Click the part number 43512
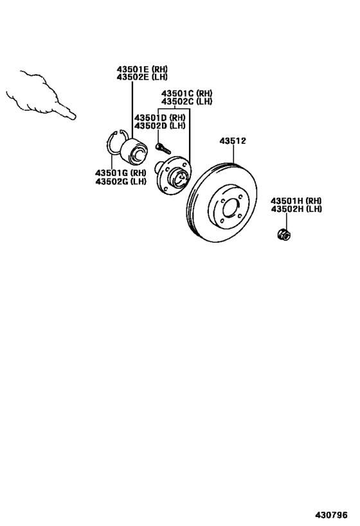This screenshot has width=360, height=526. (x=233, y=141)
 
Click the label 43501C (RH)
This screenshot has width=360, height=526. (x=187, y=93)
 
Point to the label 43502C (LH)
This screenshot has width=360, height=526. (x=187, y=101)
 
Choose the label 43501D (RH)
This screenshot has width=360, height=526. (x=160, y=118)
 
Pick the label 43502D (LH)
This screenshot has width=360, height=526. (x=160, y=126)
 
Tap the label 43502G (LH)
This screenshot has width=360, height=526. (x=121, y=182)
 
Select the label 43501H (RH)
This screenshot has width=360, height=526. (x=296, y=200)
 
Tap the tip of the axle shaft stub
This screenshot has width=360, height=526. (x=73, y=116)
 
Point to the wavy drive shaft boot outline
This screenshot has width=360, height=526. (x=35, y=93)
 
